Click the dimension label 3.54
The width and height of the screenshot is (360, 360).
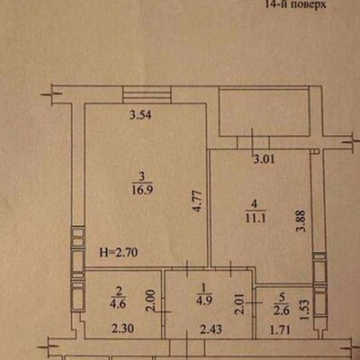pos(138,114)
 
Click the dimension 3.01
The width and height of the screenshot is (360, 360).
pos(263,160)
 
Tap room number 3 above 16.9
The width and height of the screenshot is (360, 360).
pos(140,175)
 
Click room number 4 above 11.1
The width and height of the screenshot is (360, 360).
pos(256,202)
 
